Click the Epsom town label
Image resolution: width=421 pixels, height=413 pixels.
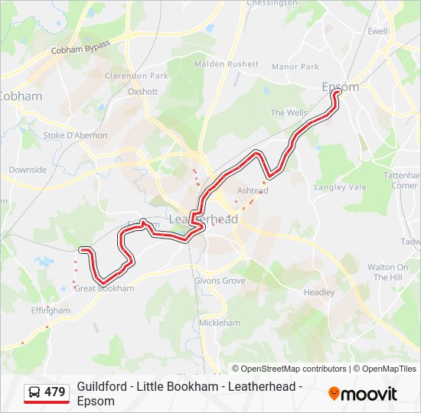point(340,87)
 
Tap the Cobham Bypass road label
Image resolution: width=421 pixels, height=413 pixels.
point(80,47)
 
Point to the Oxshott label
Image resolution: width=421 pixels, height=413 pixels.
point(142,92)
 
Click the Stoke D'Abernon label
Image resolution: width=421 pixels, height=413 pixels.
point(75,135)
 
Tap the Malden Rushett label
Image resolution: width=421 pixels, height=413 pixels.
point(227,64)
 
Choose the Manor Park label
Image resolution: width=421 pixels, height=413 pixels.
point(295,67)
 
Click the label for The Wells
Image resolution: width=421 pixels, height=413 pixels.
point(289,113)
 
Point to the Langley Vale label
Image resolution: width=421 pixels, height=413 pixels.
point(340,187)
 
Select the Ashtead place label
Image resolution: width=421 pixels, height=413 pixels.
point(253,190)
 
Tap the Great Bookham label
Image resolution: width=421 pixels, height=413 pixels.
point(104,289)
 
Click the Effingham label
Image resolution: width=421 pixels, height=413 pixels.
point(51,311)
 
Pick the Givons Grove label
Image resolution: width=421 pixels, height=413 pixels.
point(219,281)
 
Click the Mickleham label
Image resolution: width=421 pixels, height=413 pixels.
point(219,324)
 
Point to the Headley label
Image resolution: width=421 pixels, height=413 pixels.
point(319,293)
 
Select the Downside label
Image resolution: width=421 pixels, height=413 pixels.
point(28,170)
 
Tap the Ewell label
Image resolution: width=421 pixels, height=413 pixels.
point(377,31)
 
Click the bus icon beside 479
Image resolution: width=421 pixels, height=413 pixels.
point(34,392)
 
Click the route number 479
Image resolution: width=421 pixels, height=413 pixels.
point(55,392)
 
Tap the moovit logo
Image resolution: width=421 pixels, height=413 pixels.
point(363,394)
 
